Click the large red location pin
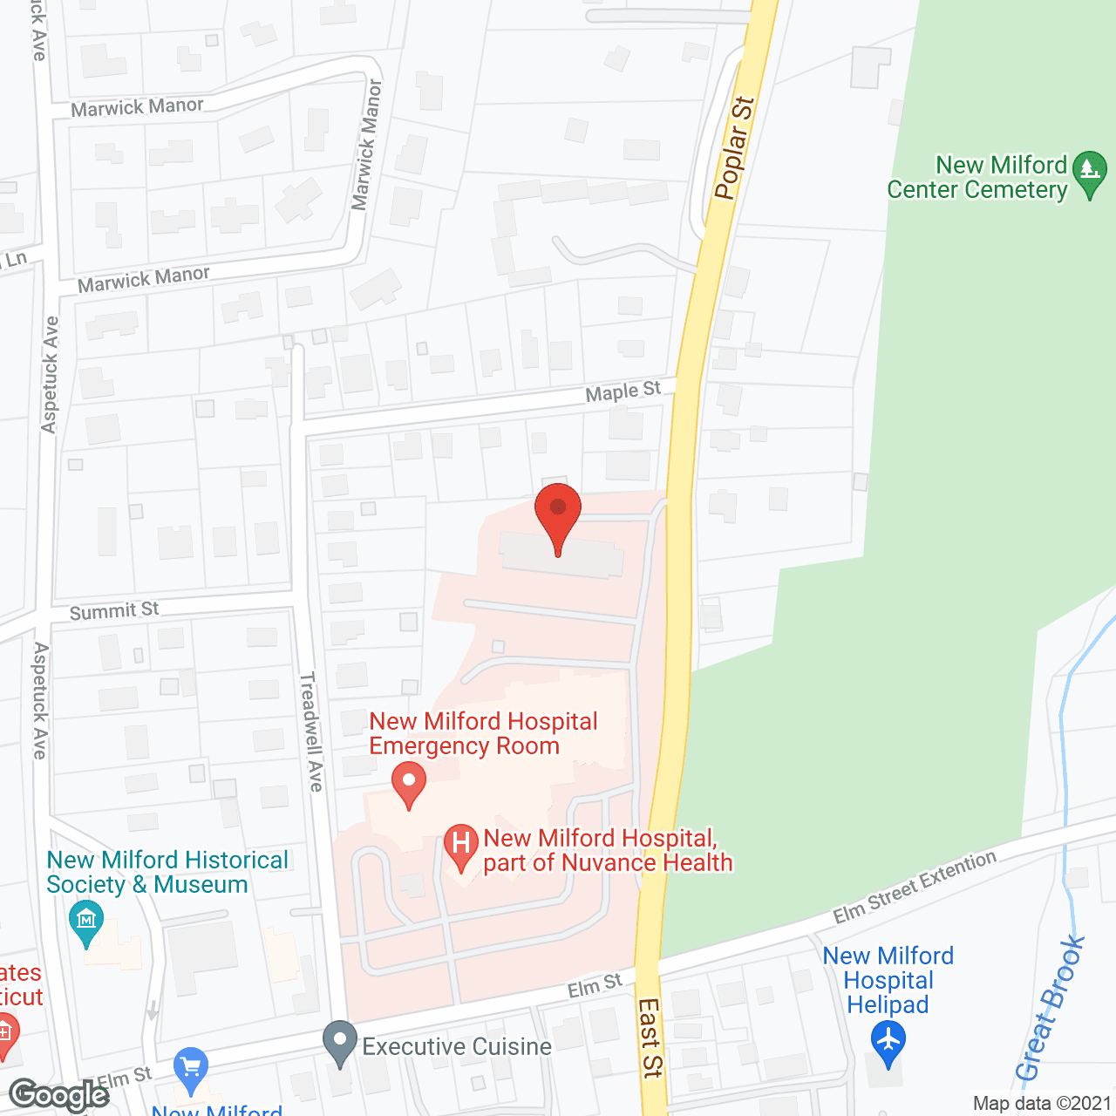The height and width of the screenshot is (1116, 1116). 558,514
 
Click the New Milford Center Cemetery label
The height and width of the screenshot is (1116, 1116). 977,177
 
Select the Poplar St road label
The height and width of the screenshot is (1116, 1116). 734,147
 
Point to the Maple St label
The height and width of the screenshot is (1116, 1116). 623,391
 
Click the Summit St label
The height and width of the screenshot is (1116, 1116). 114,611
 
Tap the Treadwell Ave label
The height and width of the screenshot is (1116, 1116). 311,732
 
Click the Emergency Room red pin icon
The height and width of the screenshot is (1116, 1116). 408,783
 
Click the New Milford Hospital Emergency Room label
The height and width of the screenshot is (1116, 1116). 483,733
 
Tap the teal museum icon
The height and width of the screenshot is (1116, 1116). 86,922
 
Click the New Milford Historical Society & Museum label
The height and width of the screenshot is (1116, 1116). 167,872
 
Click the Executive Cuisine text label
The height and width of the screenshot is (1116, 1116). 457,1046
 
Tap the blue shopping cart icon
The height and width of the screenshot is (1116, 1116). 191,1065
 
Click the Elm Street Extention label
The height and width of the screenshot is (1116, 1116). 914,887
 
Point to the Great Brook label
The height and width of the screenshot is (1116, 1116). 1050,1009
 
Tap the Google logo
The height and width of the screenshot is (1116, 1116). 59,1095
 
